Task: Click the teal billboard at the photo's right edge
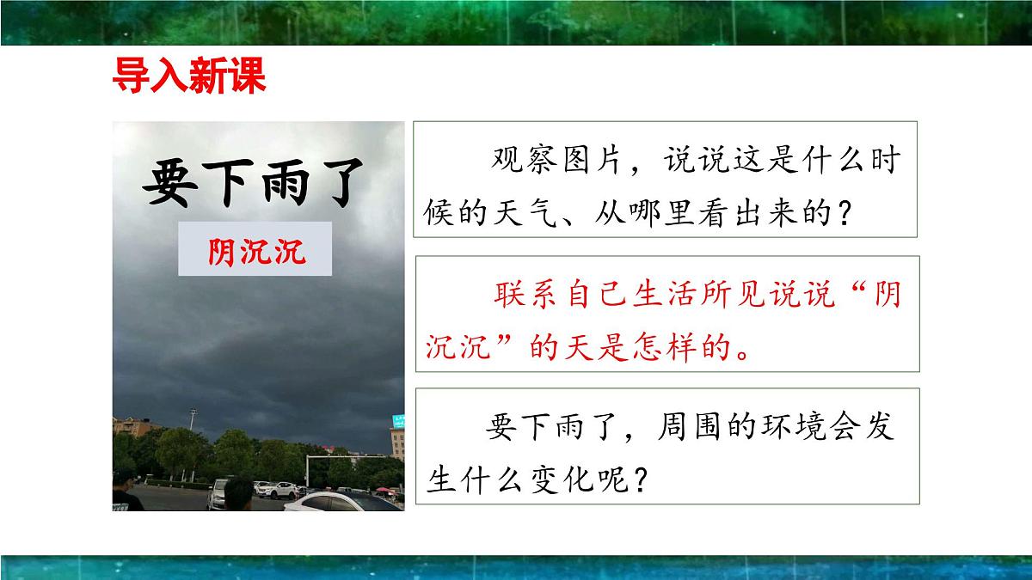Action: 397,422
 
